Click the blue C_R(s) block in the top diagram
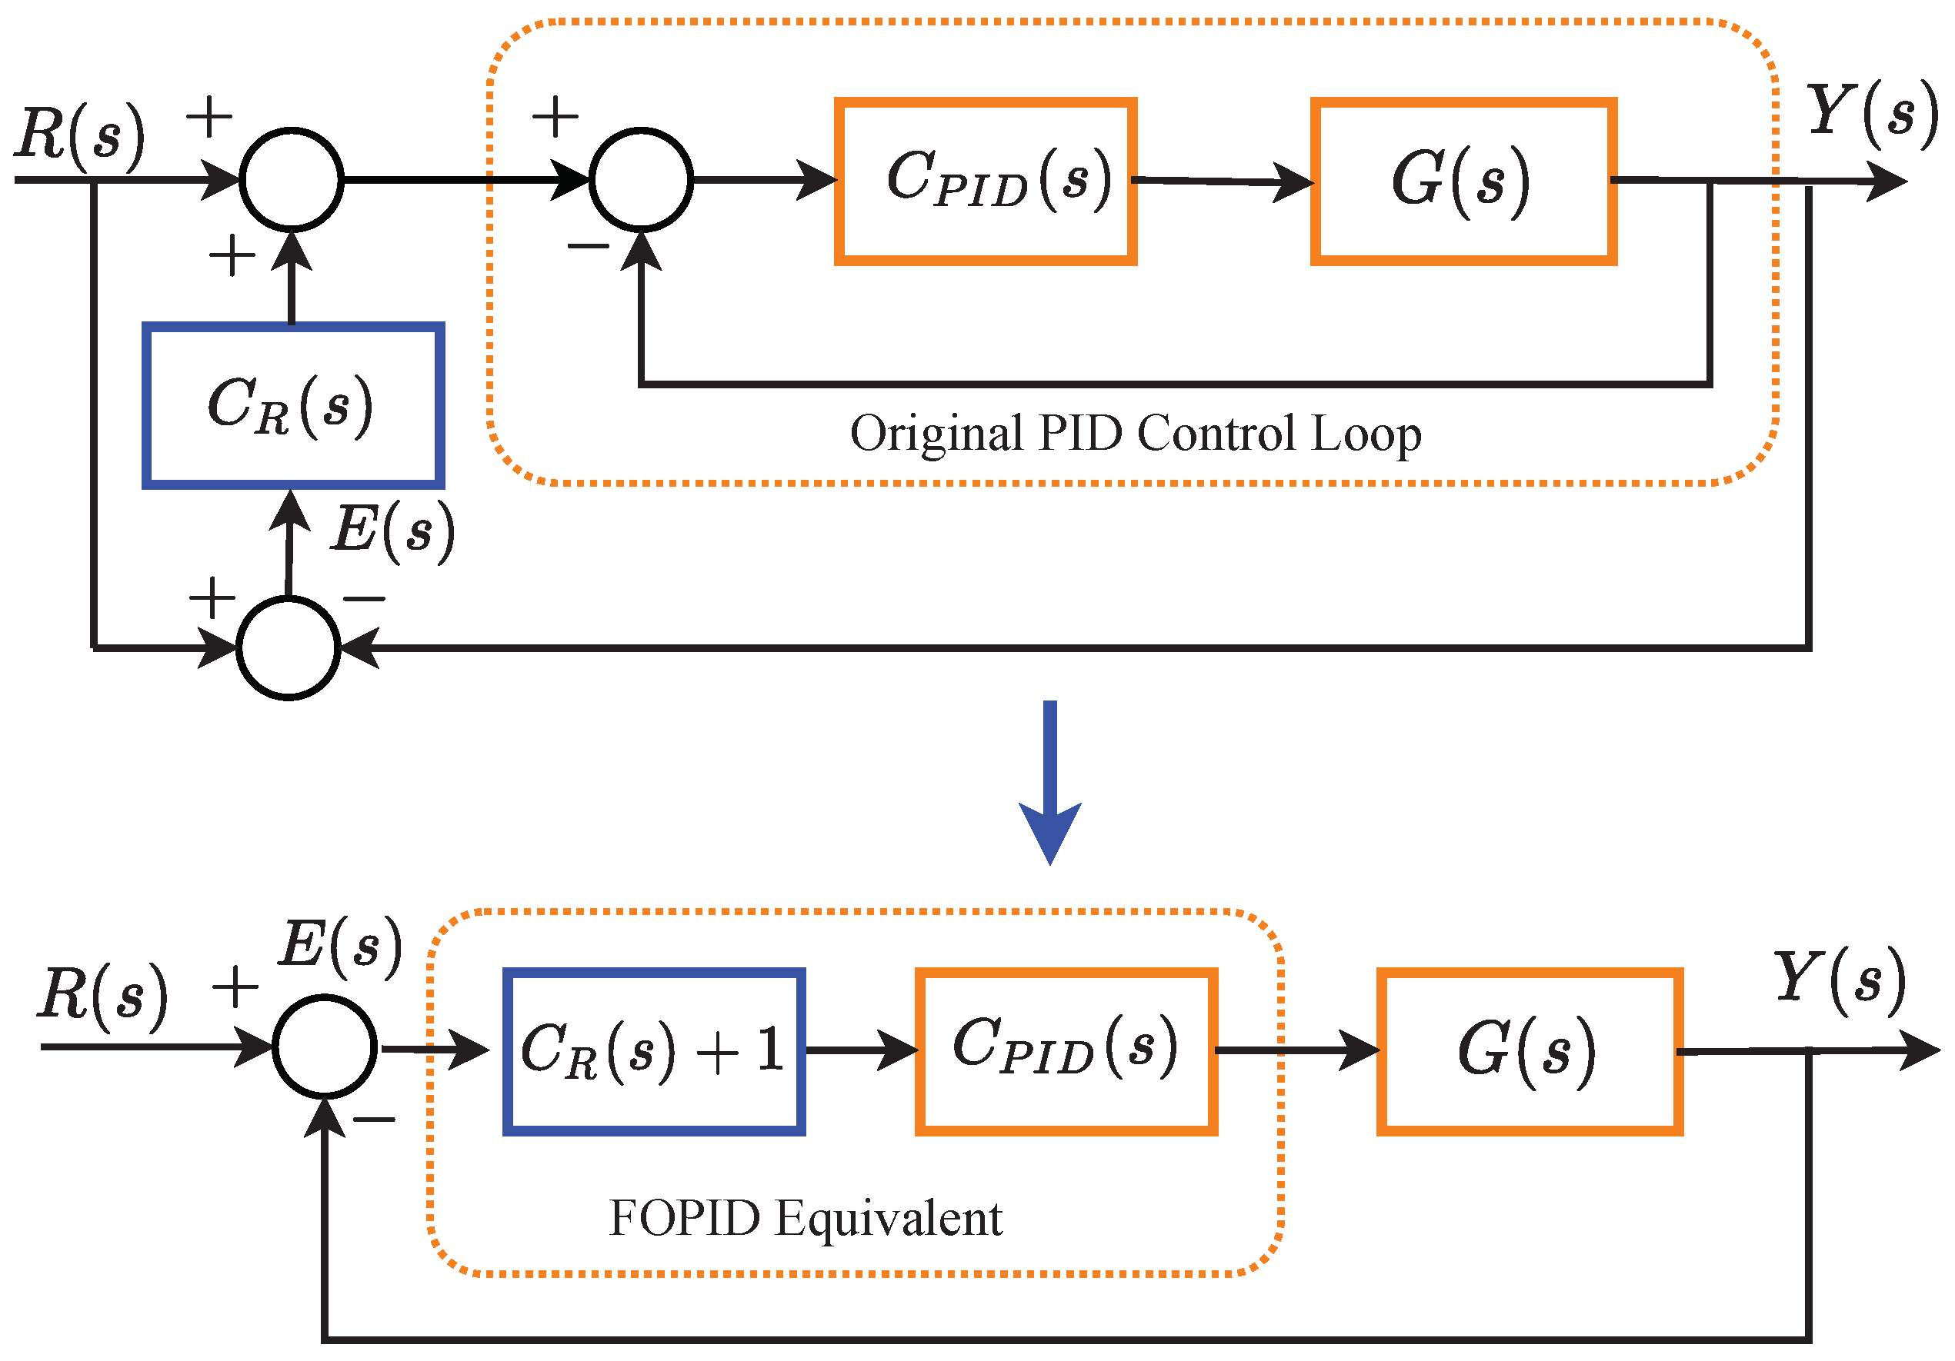tap(293, 405)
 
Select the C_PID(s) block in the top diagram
tap(985, 181)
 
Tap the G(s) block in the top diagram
tap(1463, 181)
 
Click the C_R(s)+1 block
tap(654, 1050)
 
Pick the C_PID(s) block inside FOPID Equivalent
tap(1066, 1050)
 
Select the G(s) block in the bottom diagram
tap(1530, 1050)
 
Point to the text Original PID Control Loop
tap(1135, 434)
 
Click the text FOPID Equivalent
tap(806, 1218)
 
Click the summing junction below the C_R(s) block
tap(289, 648)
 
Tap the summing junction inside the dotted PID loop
tap(641, 180)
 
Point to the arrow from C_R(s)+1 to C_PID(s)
tap(860, 1050)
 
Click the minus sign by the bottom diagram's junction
tap(374, 1120)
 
